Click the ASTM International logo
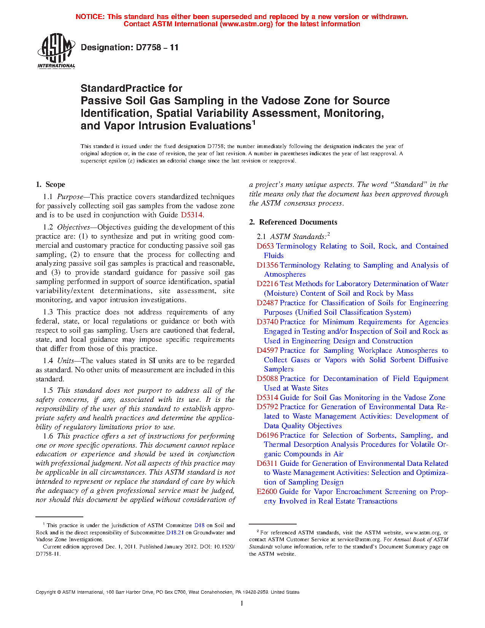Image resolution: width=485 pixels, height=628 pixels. point(56,51)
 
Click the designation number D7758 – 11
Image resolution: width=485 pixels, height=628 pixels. point(129,48)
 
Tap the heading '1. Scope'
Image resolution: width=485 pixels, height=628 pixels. point(51,185)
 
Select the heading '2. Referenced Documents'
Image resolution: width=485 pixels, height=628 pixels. point(293,222)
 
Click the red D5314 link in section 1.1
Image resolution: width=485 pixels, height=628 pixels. point(191,215)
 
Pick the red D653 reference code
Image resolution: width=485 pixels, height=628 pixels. point(265,246)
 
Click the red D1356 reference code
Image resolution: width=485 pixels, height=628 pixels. point(267,265)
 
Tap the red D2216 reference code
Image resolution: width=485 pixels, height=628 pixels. point(267,284)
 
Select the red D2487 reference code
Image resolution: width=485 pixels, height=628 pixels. point(267,303)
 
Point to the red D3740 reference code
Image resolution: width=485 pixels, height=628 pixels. point(267,322)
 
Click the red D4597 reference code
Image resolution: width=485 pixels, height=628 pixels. point(267,351)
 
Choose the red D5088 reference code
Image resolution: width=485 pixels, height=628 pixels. point(267,379)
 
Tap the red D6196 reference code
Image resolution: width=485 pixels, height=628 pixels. point(267,435)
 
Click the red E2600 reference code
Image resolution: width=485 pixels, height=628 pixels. point(267,492)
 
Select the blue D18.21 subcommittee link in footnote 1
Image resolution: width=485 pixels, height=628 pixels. point(175,532)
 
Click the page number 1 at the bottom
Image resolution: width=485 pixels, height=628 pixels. point(242,603)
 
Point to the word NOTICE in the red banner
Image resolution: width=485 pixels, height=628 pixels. point(90,17)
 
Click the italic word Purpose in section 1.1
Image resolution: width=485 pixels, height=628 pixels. point(70,197)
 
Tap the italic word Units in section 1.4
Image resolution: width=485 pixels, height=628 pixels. point(65,361)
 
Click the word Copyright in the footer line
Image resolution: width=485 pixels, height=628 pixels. point(46,592)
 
